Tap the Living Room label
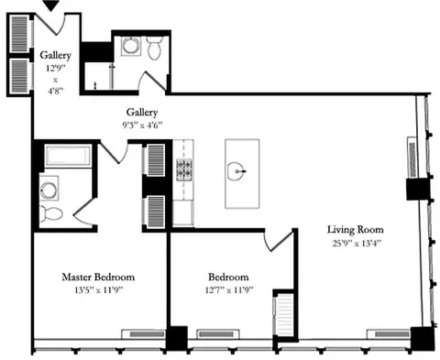[x=357, y=230]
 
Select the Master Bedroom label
[x=98, y=277]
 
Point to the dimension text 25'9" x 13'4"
[x=357, y=243]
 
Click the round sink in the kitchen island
[x=237, y=169]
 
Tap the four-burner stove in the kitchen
[x=185, y=169]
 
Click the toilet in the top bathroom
[x=155, y=47]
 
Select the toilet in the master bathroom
[x=52, y=214]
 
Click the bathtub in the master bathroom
[x=67, y=156]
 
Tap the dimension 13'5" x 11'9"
[x=98, y=289]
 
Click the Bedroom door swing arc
[x=275, y=240]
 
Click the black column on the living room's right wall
[x=418, y=190]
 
